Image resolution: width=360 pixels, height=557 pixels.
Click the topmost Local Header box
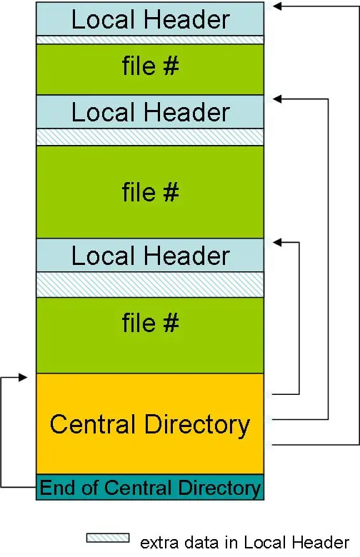coord(150,19)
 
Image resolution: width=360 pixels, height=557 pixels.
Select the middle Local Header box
coord(150,112)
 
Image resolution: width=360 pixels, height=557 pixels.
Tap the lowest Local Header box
coord(150,256)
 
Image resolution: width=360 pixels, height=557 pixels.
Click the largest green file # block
coord(150,192)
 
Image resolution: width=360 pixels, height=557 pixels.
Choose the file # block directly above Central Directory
coord(150,334)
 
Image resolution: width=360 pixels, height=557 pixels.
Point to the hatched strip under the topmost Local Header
coord(150,40)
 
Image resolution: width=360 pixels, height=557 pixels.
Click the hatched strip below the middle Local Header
coord(150,136)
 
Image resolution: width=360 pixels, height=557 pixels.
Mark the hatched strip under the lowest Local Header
coord(150,283)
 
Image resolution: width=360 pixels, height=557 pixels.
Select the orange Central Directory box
coord(150,423)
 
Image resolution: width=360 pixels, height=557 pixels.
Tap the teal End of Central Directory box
coord(150,488)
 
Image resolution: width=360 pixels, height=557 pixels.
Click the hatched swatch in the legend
coord(107,537)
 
